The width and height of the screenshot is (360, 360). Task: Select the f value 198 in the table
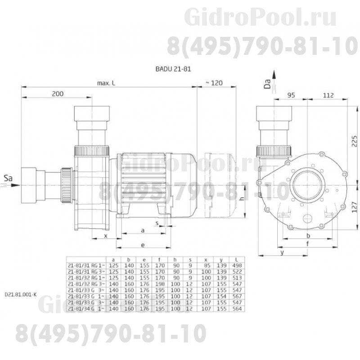point(159,285)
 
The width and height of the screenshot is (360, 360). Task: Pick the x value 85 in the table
point(207,265)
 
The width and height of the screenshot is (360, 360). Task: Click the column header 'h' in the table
point(175,260)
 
